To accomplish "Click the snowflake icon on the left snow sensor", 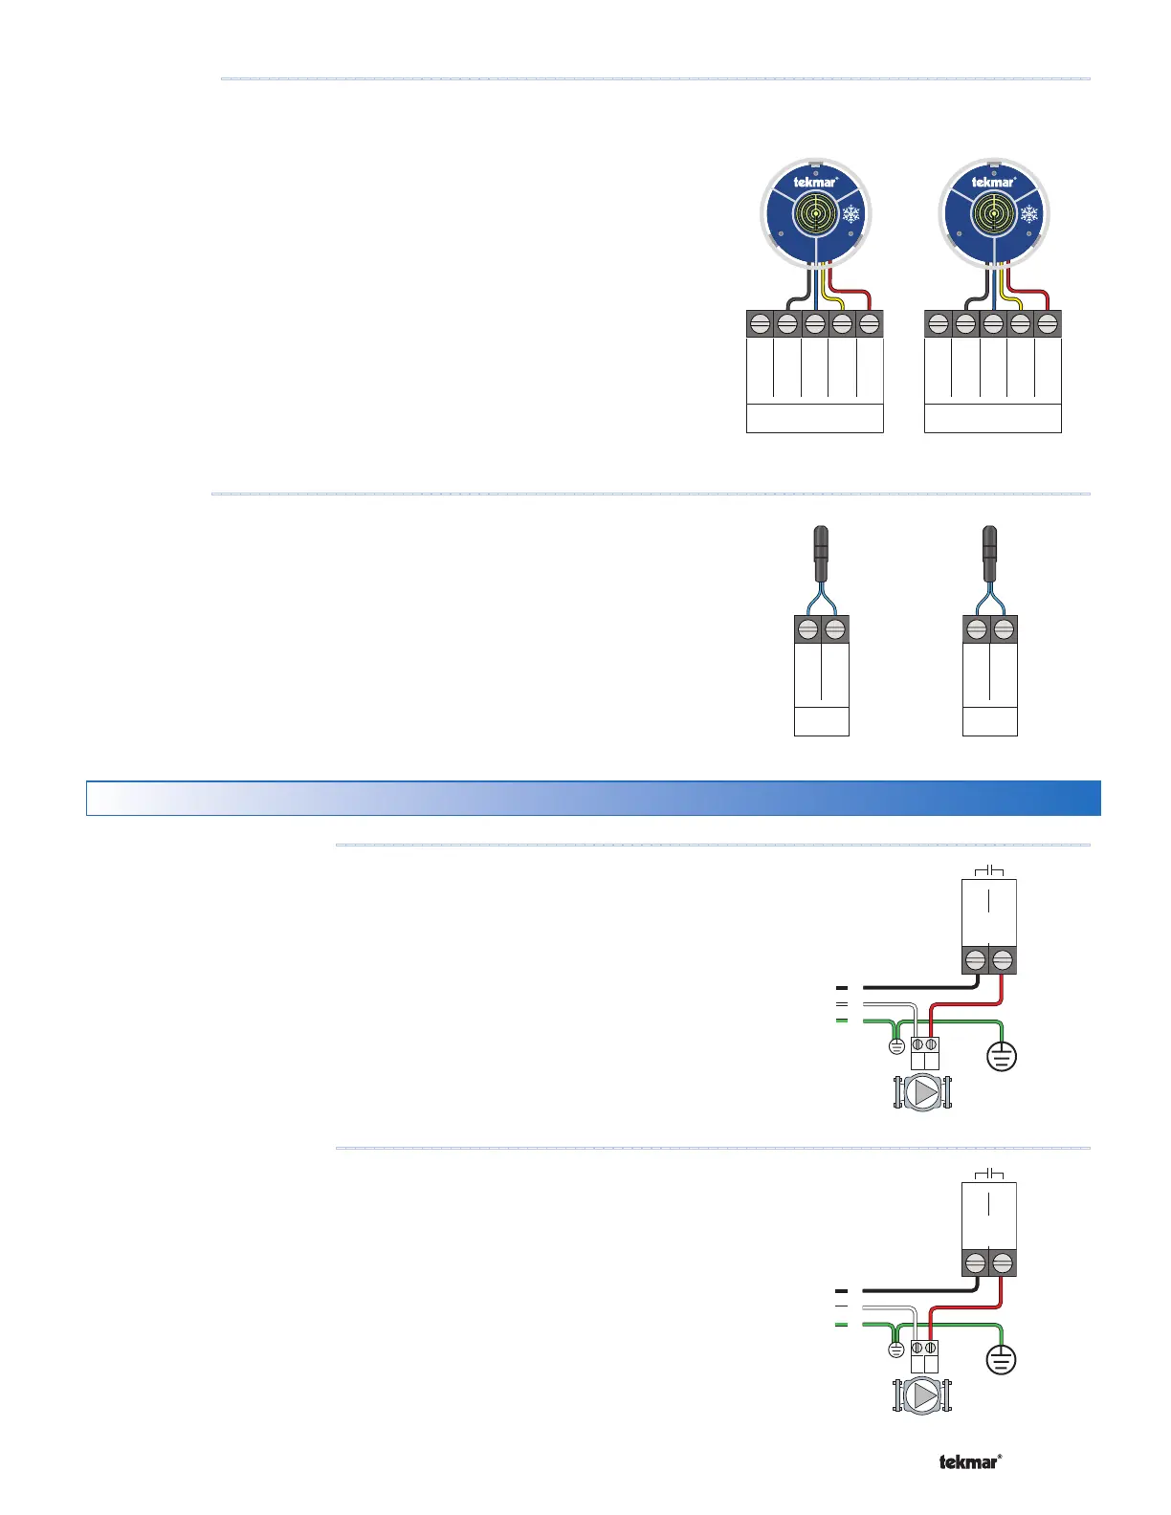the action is point(851,213).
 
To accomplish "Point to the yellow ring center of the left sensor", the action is point(815,213).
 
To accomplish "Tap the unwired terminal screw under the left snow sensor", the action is point(760,325).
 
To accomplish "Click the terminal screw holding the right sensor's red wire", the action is point(1048,325).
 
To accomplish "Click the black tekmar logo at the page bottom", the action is point(970,1461).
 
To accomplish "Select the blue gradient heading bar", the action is point(593,798).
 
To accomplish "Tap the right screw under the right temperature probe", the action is point(1004,629).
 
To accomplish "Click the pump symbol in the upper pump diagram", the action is point(922,1092).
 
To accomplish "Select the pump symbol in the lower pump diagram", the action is point(922,1395).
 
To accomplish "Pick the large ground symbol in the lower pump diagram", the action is point(1002,1359).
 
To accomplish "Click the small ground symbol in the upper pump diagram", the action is point(896,1046).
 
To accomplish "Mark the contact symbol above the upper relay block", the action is point(988,870).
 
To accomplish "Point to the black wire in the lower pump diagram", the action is point(918,1290).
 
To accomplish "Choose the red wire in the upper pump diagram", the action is point(966,1004).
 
